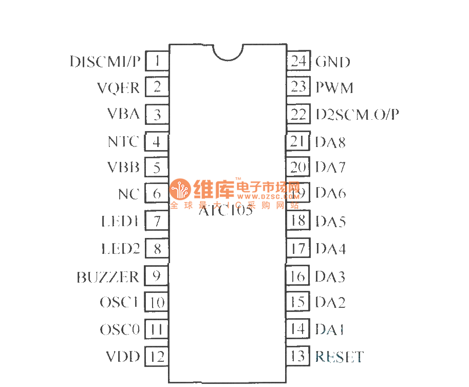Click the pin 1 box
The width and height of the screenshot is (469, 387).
click(157, 62)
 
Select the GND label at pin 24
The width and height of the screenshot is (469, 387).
click(333, 62)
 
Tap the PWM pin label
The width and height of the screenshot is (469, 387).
click(334, 88)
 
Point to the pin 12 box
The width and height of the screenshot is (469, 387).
click(157, 356)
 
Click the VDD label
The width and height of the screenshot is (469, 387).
click(123, 356)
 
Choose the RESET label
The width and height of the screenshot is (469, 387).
click(340, 356)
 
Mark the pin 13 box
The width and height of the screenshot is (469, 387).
click(298, 356)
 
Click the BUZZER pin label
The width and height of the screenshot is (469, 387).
click(108, 277)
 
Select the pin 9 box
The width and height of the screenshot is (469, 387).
click(157, 276)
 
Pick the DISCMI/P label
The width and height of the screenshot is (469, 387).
click(105, 62)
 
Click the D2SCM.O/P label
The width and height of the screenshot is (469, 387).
click(357, 114)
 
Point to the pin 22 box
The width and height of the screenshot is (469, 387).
click(298, 114)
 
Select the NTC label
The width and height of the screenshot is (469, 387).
click(123, 141)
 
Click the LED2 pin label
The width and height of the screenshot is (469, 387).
click(120, 249)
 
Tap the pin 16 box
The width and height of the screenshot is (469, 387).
click(298, 276)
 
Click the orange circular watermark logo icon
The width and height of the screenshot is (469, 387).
click(180, 191)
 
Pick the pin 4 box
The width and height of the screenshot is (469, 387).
click(157, 141)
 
